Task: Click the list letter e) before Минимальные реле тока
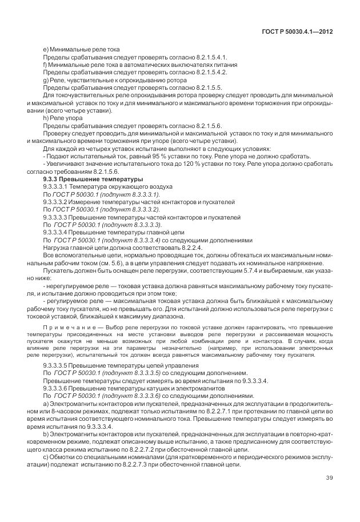46,50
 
